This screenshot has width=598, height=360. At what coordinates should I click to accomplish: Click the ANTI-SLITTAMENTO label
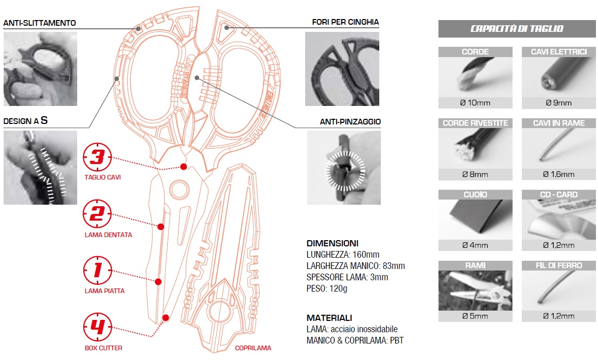coord(40,23)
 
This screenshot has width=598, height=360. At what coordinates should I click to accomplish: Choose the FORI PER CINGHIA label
coord(345,22)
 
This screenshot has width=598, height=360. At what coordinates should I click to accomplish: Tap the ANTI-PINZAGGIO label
coord(349,122)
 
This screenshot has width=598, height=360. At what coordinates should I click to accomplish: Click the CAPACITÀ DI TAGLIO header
coord(517,29)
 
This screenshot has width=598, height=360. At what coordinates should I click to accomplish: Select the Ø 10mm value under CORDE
coord(475,102)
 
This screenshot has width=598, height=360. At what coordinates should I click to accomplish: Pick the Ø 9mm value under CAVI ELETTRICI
coord(558,102)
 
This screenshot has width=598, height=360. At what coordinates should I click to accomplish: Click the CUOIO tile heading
coord(475,195)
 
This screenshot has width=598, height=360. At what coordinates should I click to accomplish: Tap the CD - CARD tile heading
coord(558,195)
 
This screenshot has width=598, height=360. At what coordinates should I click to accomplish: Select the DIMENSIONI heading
coord(332,243)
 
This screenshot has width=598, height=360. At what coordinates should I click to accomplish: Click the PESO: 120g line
coord(327,289)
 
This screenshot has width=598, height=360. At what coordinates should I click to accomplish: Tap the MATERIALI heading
coord(329,318)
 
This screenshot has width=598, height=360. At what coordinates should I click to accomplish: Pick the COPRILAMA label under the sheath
coord(253,348)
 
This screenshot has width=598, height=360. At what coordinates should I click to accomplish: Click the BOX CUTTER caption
coord(103,348)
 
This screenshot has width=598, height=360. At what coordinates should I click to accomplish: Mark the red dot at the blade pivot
coord(183,167)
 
